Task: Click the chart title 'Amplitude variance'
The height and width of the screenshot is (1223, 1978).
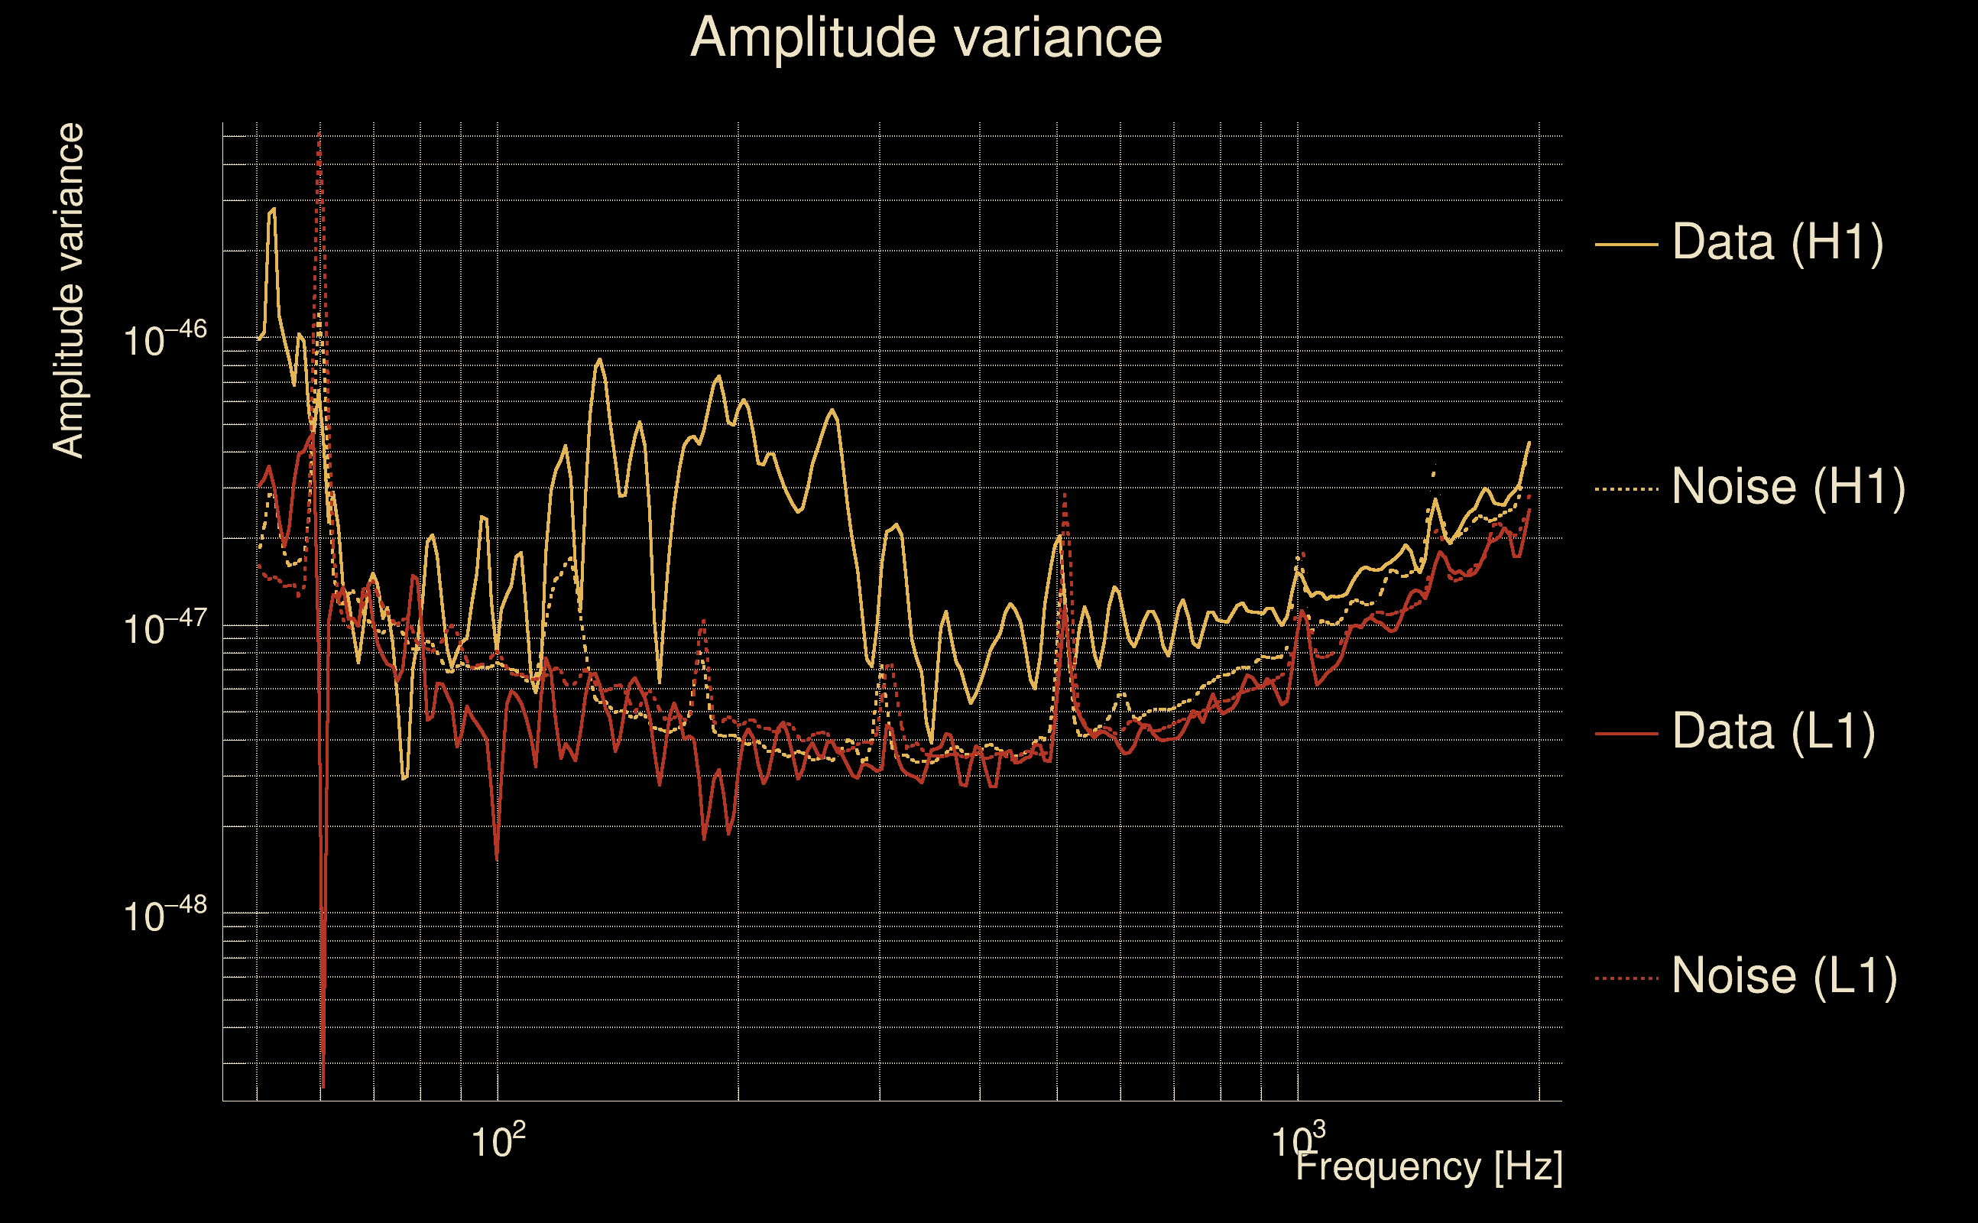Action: [x=925, y=38]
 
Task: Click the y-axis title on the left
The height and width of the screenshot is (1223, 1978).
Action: [x=68, y=291]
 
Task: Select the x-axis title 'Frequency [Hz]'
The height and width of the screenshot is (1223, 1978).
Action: [x=1428, y=1166]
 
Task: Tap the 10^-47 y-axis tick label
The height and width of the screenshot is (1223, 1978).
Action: [x=165, y=628]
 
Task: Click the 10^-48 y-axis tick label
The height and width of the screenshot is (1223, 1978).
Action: [x=165, y=915]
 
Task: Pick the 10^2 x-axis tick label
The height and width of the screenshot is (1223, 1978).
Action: [x=498, y=1141]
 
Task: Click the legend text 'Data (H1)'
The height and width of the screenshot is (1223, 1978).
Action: [x=1778, y=242]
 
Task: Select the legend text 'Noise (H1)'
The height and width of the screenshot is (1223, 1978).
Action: [x=1788, y=487]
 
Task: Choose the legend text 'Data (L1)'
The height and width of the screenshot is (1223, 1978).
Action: [x=1773, y=732]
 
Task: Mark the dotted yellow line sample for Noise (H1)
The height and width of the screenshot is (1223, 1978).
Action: [x=1626, y=488]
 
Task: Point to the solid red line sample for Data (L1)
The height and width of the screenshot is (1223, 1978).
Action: [x=1626, y=734]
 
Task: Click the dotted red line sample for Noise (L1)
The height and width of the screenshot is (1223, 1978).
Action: [x=1626, y=978]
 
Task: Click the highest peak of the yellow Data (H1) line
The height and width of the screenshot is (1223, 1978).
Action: [x=273, y=209]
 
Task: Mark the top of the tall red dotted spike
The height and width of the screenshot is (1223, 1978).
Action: [x=319, y=134]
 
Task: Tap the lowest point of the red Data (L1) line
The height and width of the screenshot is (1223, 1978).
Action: [x=323, y=1086]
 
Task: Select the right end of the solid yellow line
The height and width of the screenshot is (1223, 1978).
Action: [x=1529, y=443]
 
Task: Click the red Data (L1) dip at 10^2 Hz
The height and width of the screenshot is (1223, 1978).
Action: [x=497, y=858]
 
